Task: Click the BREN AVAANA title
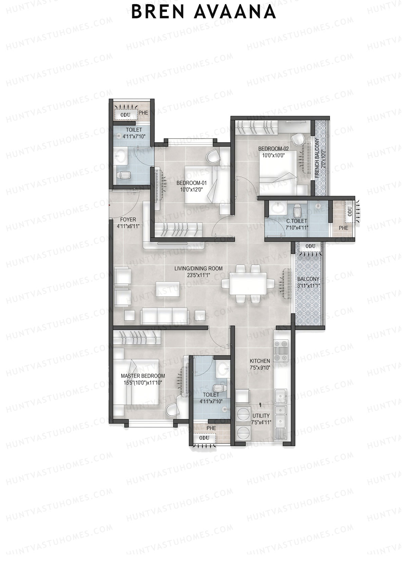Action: [x=203, y=12]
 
